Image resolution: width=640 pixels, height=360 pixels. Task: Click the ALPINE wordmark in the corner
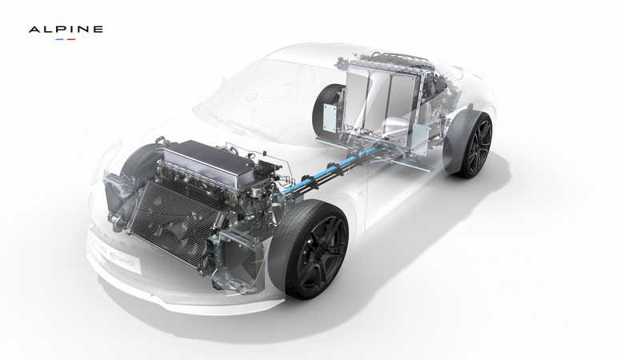click(x=66, y=30)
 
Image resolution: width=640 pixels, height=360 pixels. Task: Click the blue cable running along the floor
click(x=320, y=180)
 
